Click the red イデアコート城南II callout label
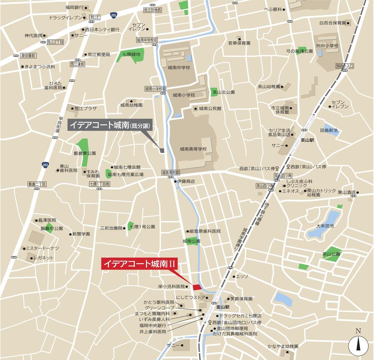[139, 264]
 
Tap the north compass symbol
[358, 345]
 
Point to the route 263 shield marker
[45, 164]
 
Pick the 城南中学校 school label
[179, 68]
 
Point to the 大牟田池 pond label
[324, 226]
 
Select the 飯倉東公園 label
[85, 153]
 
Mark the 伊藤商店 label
[186, 181]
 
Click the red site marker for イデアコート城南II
[197, 287]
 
